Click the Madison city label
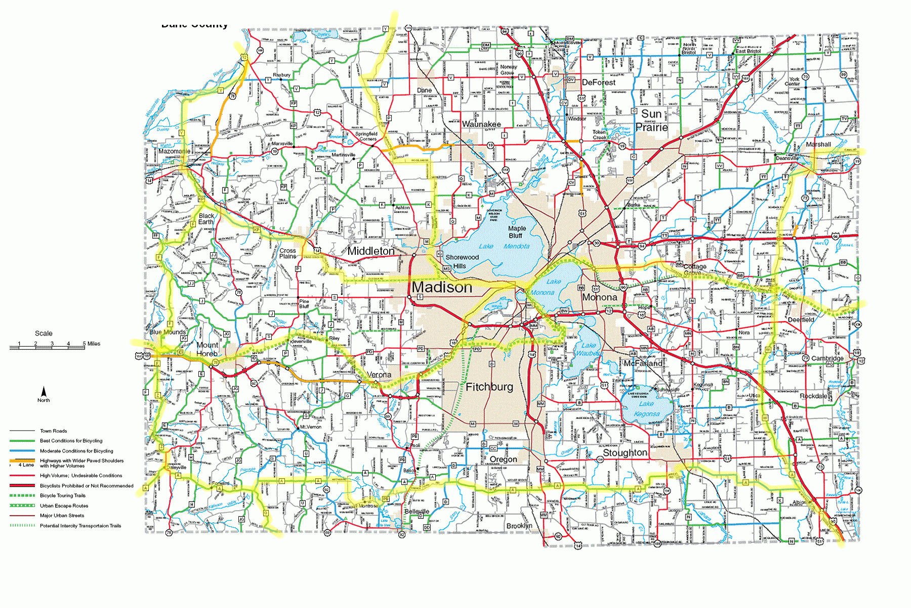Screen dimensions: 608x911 point(442,287)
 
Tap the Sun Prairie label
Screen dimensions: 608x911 point(651,121)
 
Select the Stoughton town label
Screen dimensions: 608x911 point(625,452)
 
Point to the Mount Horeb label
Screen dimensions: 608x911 point(207,349)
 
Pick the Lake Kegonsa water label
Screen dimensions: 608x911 point(646,409)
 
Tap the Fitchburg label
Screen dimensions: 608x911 point(489,387)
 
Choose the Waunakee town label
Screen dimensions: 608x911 point(481,124)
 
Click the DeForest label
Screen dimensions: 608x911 point(599,82)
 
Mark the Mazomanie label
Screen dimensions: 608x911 point(174,151)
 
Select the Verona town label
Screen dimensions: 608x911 point(379,375)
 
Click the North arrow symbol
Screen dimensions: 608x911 point(44,393)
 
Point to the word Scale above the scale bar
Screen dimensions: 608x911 point(44,333)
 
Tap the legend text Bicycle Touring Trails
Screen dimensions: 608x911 point(63,496)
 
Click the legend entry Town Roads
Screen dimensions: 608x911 point(54,431)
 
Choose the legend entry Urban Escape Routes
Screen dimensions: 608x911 point(64,506)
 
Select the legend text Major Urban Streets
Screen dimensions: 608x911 point(62,515)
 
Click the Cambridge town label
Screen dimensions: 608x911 point(827,358)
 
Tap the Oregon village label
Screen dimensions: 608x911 point(503,459)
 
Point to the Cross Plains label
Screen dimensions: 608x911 point(287,253)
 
